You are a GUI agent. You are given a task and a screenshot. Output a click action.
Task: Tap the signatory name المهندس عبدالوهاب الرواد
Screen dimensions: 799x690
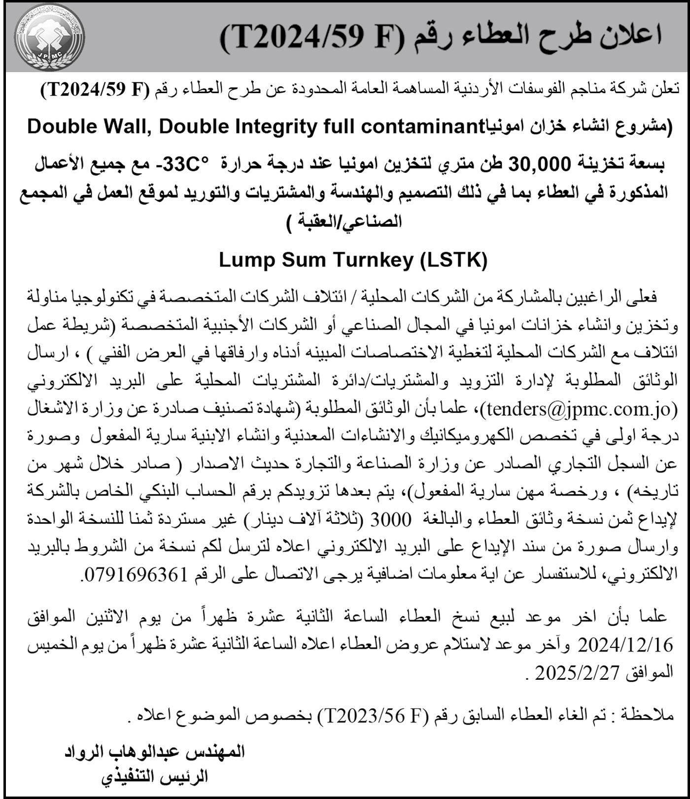pyautogui.click(x=155, y=752)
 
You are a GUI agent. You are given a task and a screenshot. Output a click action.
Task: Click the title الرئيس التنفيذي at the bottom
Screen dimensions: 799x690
pyautogui.click(x=155, y=777)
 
